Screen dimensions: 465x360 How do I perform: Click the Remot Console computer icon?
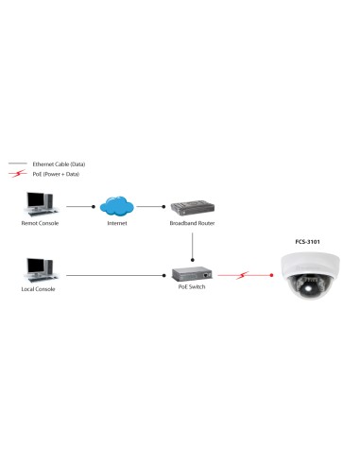[x=39, y=203]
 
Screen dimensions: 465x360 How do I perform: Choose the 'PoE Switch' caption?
[x=192, y=288]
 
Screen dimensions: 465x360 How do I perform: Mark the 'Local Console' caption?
[x=39, y=289]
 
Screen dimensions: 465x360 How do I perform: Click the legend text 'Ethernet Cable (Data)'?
[x=59, y=164]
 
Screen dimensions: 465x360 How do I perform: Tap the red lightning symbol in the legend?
[x=15, y=174]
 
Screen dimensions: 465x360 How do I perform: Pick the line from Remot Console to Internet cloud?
[x=79, y=204]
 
